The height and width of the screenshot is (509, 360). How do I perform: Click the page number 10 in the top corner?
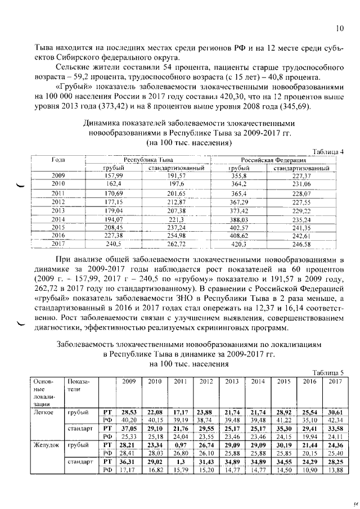click(339, 28)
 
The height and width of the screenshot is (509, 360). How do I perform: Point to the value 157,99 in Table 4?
click(114, 175)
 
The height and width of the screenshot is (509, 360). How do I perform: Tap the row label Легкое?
click(46, 412)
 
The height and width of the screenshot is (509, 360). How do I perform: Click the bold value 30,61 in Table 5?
click(334, 412)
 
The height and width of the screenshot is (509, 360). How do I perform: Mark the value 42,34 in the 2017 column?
click(334, 420)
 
